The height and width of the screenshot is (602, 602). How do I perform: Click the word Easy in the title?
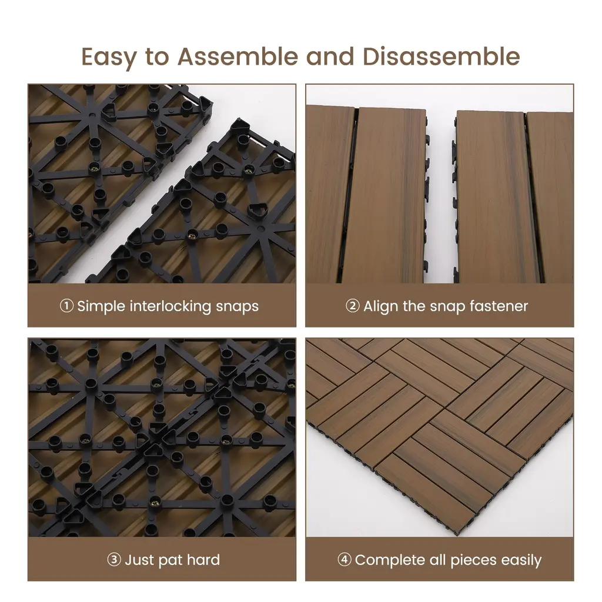point(109,57)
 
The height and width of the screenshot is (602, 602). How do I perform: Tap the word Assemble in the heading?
point(238,56)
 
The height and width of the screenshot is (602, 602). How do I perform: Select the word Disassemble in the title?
point(441,56)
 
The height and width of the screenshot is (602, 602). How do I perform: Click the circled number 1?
point(66,306)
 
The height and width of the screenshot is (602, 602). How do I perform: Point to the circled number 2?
point(353,306)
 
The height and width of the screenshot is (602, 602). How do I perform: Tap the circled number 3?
point(114,560)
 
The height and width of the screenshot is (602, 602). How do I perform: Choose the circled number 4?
point(345,560)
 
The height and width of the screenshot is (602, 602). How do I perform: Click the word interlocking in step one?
point(170,307)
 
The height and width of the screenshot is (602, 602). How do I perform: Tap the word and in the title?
point(330,56)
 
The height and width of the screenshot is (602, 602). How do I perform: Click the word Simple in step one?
point(101,307)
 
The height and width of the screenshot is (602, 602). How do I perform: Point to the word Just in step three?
point(139,560)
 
